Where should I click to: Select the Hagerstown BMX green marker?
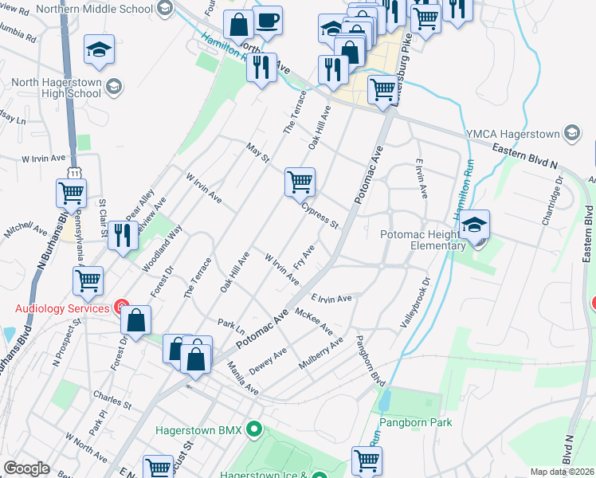(254, 430)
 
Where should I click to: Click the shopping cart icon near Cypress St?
(300, 182)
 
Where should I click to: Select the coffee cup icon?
(268, 21)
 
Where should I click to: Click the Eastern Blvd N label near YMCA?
(524, 155)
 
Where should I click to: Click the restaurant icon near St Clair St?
(121, 235)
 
